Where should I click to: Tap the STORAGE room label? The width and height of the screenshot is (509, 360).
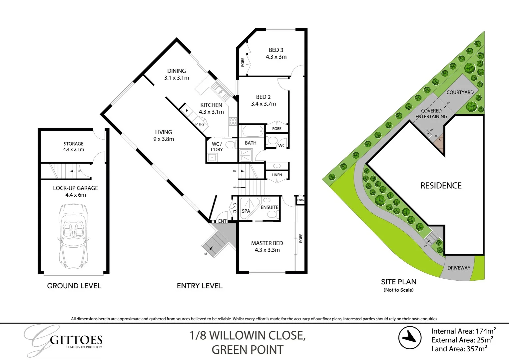tap(73, 144)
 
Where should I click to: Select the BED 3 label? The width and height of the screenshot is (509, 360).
tap(276, 50)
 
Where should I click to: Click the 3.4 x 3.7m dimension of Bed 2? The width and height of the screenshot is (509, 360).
tap(263, 104)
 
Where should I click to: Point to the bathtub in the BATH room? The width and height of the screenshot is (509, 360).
tap(252, 131)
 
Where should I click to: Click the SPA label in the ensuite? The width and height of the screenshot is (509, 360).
tap(246, 211)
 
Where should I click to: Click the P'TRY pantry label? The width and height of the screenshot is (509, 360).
tap(200, 124)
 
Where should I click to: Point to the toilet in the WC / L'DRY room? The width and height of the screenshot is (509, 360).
tap(230, 145)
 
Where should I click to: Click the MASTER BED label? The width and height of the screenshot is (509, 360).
tap(267, 243)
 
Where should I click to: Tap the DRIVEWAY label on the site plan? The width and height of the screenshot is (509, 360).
tap(459, 268)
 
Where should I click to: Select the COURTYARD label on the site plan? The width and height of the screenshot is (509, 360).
tap(460, 92)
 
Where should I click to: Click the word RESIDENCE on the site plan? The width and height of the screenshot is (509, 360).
tap(441, 186)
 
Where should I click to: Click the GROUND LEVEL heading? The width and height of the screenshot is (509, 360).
tap(74, 286)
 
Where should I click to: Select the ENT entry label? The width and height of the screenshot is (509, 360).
tap(222, 221)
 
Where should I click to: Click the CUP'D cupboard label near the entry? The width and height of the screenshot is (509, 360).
tap(235, 208)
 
